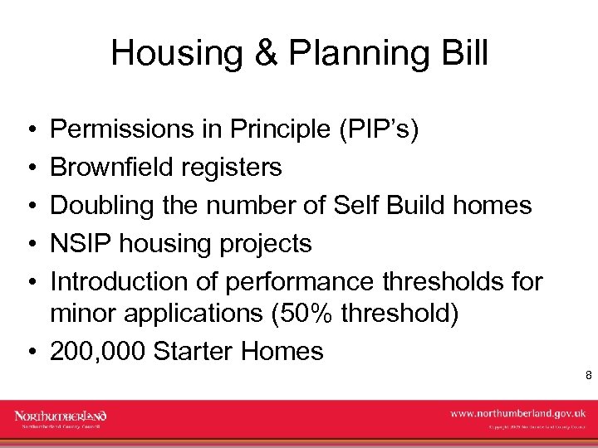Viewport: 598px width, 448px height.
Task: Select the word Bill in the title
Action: pyautogui.click(x=464, y=54)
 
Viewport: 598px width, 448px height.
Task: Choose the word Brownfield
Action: pyautogui.click(x=112, y=168)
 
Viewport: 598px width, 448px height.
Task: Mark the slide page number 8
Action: pyautogui.click(x=588, y=376)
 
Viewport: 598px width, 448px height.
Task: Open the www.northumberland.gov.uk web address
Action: pyautogui.click(x=517, y=412)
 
